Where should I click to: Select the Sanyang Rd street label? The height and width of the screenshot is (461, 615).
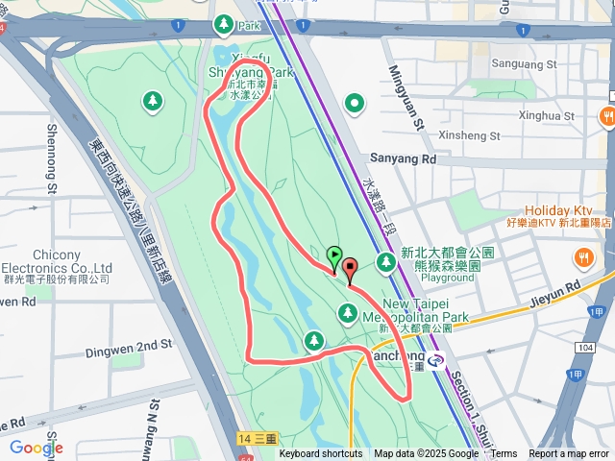point(403,159)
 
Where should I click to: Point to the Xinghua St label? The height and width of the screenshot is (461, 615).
point(545,116)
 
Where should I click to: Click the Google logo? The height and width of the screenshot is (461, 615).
point(36,447)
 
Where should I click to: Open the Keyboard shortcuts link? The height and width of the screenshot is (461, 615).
point(321,454)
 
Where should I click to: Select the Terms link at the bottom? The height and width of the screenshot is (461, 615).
point(504,454)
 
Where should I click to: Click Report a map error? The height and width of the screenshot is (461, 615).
point(569,454)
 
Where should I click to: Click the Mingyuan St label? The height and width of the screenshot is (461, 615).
point(406,95)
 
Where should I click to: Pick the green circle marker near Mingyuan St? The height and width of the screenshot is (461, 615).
point(355,103)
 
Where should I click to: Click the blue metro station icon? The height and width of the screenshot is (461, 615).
point(438,362)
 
